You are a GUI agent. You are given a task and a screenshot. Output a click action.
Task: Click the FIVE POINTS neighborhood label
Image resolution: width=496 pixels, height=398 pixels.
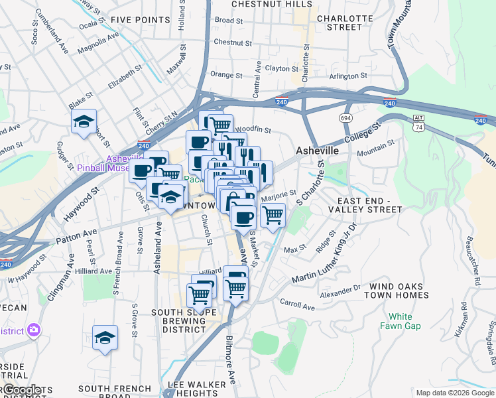pyautogui.click(x=141, y=20)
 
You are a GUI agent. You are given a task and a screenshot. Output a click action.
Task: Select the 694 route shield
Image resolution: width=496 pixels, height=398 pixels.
pyautogui.click(x=345, y=117)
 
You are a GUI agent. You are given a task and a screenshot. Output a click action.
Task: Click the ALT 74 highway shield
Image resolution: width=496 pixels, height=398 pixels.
pyautogui.click(x=418, y=122)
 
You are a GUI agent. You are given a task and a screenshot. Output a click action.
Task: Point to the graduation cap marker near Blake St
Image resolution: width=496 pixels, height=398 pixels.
pyautogui.click(x=84, y=122)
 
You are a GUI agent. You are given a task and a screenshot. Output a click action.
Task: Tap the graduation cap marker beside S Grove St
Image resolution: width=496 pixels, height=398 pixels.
pyautogui.click(x=105, y=338)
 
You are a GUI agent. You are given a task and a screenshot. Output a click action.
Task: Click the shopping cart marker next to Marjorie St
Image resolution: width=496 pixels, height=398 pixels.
pyautogui.click(x=273, y=214)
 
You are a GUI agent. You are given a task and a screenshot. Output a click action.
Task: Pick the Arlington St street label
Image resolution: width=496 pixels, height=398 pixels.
pyautogui.click(x=345, y=76)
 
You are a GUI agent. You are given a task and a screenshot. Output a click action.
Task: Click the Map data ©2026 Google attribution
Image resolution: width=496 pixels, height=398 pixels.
pyautogui.click(x=454, y=393)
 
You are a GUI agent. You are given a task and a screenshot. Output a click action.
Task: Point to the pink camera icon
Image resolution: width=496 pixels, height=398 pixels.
pyautogui.click(x=34, y=330)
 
